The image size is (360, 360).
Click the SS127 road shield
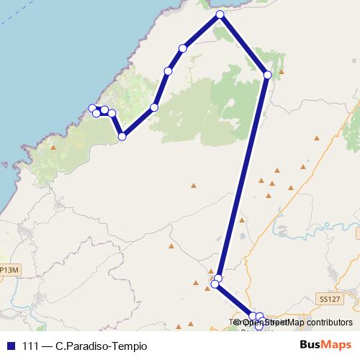pyautogui.click(x=328, y=297)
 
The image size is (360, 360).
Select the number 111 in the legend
pyautogui.click(x=31, y=346)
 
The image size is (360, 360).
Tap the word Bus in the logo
pyautogui.click(x=308, y=345)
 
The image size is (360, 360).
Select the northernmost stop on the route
pyautogui.click(x=220, y=14)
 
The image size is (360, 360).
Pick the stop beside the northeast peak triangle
pyautogui.click(x=268, y=74)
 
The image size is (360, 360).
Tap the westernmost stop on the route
pyautogui.click(x=92, y=108)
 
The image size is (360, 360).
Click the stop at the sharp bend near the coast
pyautogui.click(x=122, y=136)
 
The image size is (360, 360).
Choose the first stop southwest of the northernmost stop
pyautogui.click(x=183, y=48)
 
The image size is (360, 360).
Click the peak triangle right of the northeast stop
pyautogui.click(x=282, y=72)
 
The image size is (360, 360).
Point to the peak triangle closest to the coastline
pyautogui.click(x=53, y=148)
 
